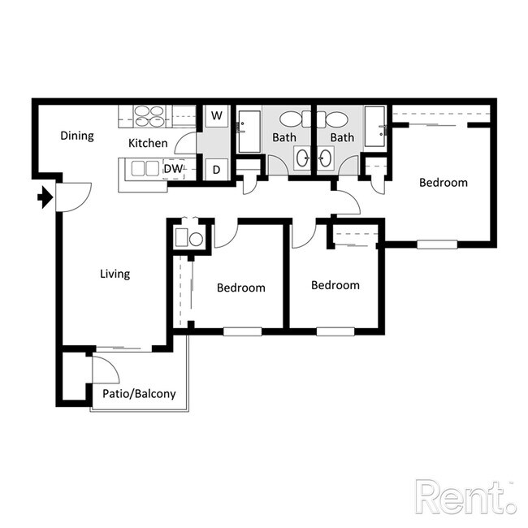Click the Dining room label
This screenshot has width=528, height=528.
pos(77,136)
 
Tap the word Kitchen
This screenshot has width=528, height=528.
pos(148,143)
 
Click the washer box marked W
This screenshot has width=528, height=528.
pos(216,116)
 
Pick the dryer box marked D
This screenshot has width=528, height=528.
pos(216,170)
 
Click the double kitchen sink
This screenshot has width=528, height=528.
pos(143,168)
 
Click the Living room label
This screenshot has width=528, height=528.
pos(115,274)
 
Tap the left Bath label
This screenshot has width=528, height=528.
pos(284,137)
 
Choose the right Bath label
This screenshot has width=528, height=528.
pos(342,137)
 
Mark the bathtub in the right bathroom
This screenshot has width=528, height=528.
pos(374,126)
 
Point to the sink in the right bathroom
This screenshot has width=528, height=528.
pos(327,158)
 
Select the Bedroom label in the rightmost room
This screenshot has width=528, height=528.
pos(443,182)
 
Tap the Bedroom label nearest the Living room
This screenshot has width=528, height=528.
pos(241,288)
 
